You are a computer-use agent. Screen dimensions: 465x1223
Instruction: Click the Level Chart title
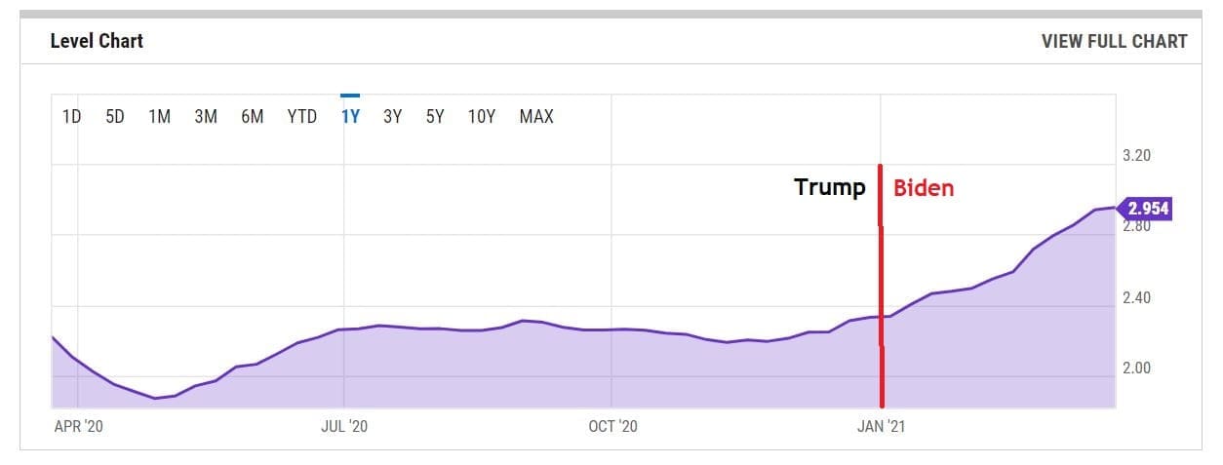[x=97, y=41]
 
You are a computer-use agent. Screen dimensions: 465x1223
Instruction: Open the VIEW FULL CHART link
[x=1114, y=41]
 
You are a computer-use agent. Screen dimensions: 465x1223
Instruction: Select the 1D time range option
[x=71, y=117]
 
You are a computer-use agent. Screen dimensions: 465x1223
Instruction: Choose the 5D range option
[x=114, y=117]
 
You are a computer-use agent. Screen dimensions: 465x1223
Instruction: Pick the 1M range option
[x=159, y=117]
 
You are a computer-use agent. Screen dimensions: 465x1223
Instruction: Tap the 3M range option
[x=205, y=117]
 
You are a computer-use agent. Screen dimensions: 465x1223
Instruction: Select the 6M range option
[x=252, y=117]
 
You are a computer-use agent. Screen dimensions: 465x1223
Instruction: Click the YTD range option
[x=301, y=117]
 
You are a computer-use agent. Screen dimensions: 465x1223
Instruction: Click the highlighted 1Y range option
[x=350, y=117]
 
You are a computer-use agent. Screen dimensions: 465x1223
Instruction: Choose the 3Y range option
[x=392, y=117]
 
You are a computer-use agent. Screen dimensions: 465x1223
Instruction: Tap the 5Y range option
[x=435, y=117]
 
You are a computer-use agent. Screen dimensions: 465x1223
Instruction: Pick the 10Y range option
[x=482, y=117]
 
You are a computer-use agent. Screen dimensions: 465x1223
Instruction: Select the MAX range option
[x=536, y=117]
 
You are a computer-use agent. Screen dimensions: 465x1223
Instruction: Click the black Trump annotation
[x=830, y=187]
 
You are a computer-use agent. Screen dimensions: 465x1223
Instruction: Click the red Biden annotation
[x=924, y=188]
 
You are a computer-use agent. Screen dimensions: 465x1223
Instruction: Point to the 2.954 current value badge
[x=1147, y=209]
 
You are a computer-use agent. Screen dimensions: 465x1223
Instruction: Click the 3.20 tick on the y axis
[x=1137, y=155]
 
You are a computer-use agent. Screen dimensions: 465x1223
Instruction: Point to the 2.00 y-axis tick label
[x=1137, y=368]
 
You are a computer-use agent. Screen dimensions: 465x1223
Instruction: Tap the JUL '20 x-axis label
[x=344, y=426]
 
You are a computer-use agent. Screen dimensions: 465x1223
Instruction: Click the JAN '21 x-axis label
[x=881, y=426]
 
